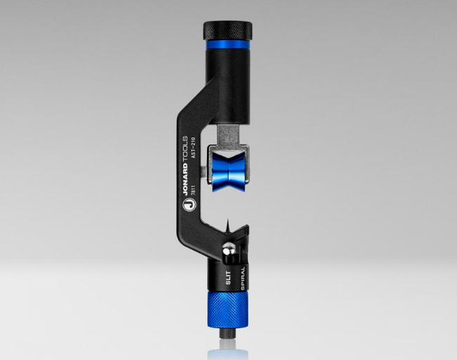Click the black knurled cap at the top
tap(228, 31)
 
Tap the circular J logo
tap(189, 206)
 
